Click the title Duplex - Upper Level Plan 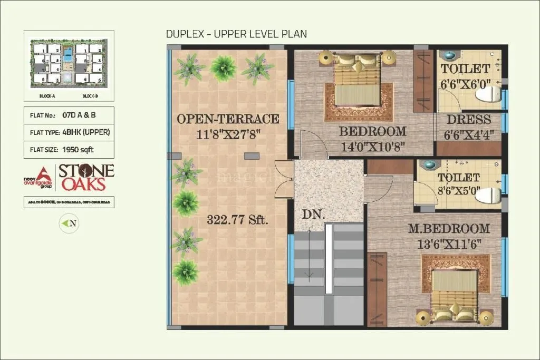coord(236,34)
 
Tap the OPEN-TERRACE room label coord(228,119)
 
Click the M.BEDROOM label coord(449,229)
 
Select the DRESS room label coord(469,120)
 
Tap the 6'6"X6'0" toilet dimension coord(465,83)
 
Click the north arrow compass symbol coord(69,223)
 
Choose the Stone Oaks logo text coord(85,178)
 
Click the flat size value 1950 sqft coord(79,149)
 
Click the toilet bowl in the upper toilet coord(488,94)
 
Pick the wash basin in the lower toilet coord(430,165)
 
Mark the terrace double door coord(284,179)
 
